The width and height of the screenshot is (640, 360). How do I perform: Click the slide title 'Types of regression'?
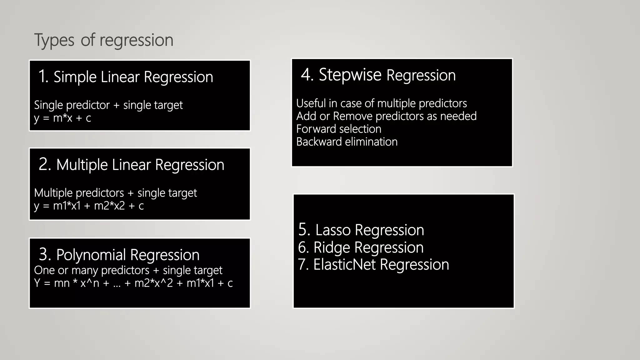tap(103, 40)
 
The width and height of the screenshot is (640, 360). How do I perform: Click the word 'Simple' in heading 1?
tap(75, 77)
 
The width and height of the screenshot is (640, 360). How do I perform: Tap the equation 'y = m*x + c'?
tap(62, 118)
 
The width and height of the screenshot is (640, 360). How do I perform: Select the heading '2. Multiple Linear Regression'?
tap(131, 165)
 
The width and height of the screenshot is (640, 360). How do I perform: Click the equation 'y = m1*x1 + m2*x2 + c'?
tap(89, 206)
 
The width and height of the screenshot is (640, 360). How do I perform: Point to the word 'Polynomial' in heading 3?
tap(91, 255)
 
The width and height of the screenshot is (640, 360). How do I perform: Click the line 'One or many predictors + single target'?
tap(128, 270)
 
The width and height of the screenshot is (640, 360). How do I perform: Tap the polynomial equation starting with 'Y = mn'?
tap(133, 283)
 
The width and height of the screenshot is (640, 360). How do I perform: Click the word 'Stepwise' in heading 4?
tap(350, 75)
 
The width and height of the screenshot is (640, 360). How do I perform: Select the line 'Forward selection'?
tap(339, 129)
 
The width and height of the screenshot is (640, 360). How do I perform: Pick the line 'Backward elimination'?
tap(347, 142)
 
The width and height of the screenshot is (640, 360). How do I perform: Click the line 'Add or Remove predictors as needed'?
tap(386, 116)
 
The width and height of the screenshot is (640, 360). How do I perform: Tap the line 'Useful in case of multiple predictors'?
tap(382, 103)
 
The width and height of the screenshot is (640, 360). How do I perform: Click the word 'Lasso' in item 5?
tap(333, 230)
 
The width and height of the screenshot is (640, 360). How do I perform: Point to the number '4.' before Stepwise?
tap(307, 75)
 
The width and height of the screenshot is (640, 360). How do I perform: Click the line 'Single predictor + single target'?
tap(108, 105)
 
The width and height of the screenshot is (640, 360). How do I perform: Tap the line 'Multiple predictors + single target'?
tap(115, 193)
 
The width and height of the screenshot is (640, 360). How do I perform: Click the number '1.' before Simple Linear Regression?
tap(43, 77)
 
